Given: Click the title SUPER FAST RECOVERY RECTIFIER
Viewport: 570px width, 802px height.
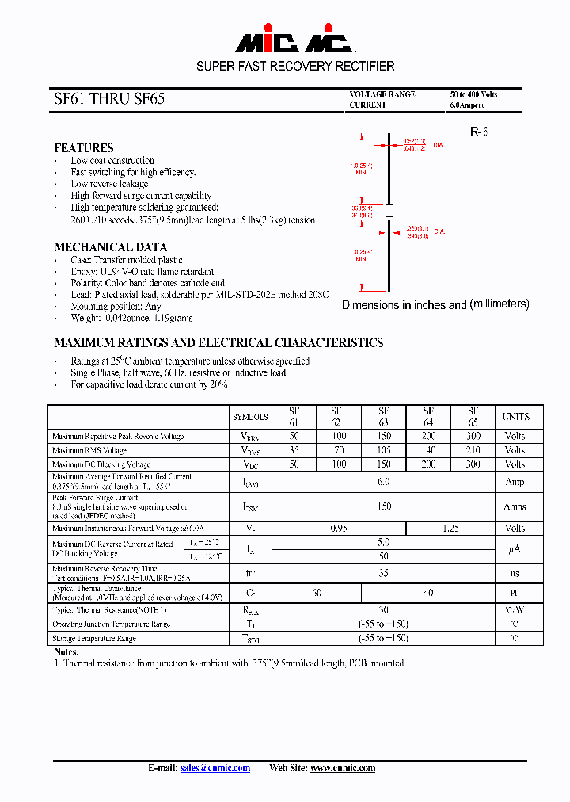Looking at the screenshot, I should [x=295, y=66].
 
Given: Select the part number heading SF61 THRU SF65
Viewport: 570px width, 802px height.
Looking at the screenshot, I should [x=109, y=100].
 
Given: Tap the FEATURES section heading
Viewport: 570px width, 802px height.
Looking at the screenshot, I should [x=83, y=148].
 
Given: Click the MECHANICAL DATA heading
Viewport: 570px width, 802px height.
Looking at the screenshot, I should [x=110, y=247].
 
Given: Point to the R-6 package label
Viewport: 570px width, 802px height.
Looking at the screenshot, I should [x=478, y=132].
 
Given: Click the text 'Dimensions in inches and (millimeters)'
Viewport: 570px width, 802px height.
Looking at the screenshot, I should [x=435, y=304].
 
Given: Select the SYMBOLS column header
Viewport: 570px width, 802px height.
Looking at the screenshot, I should [x=250, y=417].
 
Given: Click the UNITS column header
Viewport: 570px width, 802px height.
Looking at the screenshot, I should [x=515, y=417].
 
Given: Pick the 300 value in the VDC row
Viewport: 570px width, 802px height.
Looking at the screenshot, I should [x=473, y=464].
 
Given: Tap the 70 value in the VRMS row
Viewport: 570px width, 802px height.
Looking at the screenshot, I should [x=339, y=450].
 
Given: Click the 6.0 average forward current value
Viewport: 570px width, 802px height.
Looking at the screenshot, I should [x=384, y=482].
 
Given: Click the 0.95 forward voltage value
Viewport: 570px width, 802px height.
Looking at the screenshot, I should [x=339, y=528].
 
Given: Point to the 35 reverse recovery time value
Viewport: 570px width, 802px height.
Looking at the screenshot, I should [x=384, y=573].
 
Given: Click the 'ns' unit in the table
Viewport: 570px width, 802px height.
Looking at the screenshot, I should [x=515, y=573].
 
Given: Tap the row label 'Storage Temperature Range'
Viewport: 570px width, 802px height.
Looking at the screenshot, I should [x=94, y=639].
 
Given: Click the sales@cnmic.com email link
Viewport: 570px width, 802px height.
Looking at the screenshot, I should [x=215, y=768].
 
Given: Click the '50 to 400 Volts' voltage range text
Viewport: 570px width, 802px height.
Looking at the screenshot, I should [x=474, y=94].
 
